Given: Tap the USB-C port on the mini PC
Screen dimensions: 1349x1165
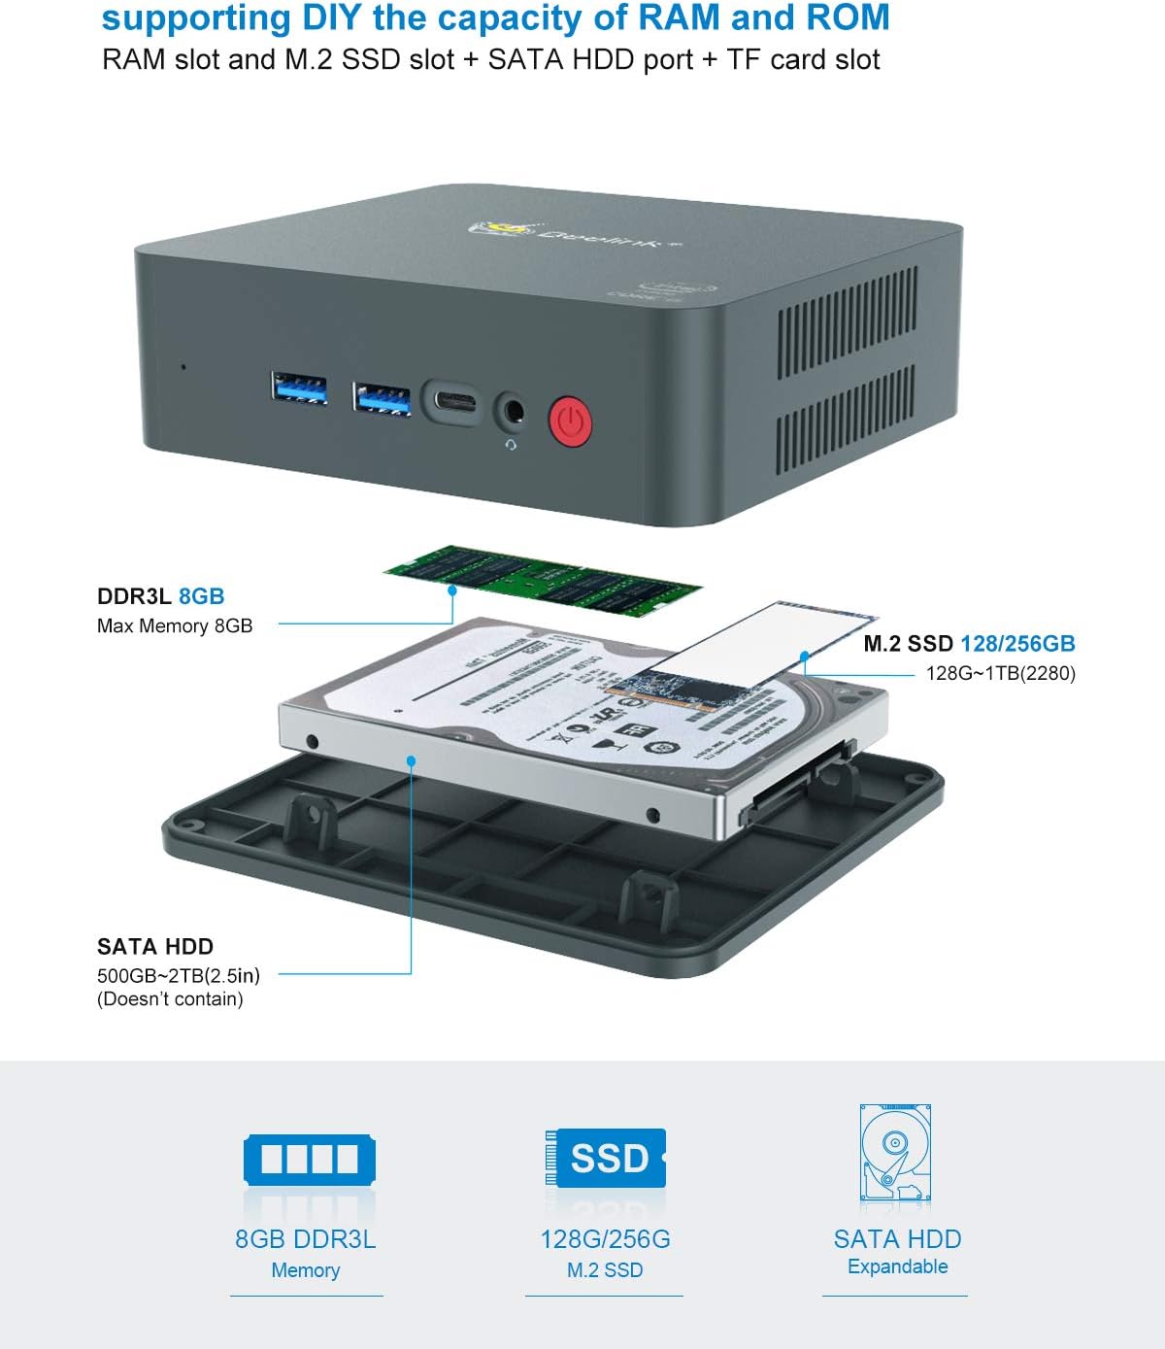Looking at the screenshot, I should click(451, 401).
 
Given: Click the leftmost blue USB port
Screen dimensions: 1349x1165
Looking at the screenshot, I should click(298, 388).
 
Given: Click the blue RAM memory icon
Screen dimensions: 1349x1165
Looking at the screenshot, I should click(309, 1159).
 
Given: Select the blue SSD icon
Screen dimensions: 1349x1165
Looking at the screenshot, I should click(606, 1159).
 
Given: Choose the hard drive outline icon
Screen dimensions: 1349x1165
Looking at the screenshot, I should click(895, 1156).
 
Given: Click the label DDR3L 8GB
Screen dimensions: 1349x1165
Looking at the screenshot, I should click(160, 596).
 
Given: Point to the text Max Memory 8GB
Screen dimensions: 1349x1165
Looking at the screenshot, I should click(175, 626).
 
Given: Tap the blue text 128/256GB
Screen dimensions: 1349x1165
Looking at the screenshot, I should click(1017, 643).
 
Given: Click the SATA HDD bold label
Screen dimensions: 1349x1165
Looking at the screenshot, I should click(155, 946).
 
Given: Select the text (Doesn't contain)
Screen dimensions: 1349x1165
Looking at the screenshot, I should click(170, 999).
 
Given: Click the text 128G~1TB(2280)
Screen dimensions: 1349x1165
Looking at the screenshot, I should click(1000, 673).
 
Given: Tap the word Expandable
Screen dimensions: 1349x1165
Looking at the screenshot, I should click(897, 1266).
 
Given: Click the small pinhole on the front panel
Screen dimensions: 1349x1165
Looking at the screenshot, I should click(183, 367).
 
